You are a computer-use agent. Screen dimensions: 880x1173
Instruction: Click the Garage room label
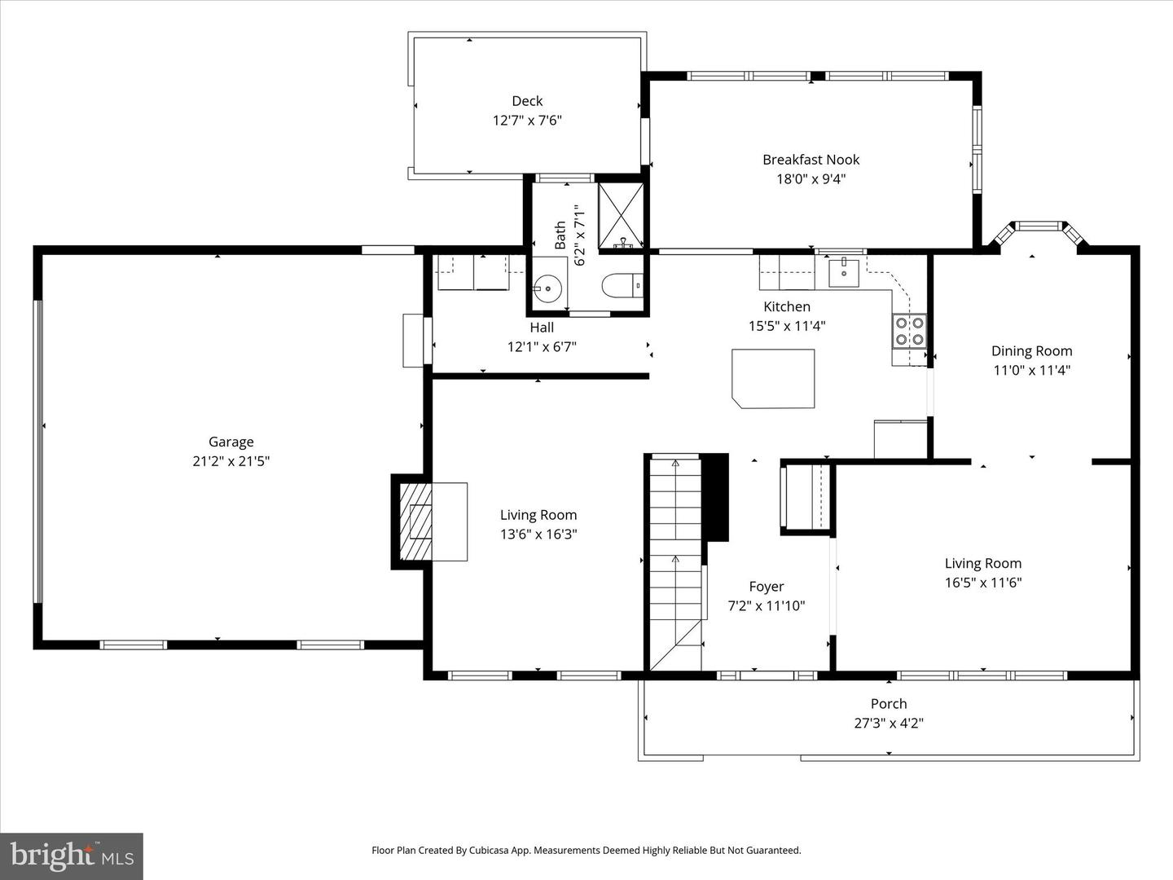(231, 442)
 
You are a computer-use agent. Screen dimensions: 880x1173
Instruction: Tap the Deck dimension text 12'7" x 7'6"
(527, 121)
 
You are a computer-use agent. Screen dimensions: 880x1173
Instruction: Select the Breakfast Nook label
(811, 160)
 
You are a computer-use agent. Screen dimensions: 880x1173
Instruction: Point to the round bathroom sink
(547, 288)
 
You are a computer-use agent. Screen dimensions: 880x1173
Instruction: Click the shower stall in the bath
(621, 215)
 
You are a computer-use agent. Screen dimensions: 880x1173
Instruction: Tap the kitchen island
(773, 378)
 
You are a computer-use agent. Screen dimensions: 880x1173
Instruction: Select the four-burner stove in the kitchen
(909, 331)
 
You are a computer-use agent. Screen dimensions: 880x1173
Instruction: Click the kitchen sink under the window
(845, 272)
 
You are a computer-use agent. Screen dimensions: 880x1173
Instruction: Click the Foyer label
(766, 587)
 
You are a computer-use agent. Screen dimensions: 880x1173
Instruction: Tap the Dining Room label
(1031, 351)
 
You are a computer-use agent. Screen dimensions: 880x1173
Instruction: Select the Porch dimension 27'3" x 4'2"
(888, 723)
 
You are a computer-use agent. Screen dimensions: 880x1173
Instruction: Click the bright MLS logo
(72, 856)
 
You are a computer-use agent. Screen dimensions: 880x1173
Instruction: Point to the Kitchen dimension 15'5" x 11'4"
(787, 326)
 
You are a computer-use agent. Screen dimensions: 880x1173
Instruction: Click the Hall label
(542, 328)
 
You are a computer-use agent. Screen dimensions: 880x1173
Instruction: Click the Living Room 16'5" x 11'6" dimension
(982, 583)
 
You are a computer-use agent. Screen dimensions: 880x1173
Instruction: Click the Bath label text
(560, 235)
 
